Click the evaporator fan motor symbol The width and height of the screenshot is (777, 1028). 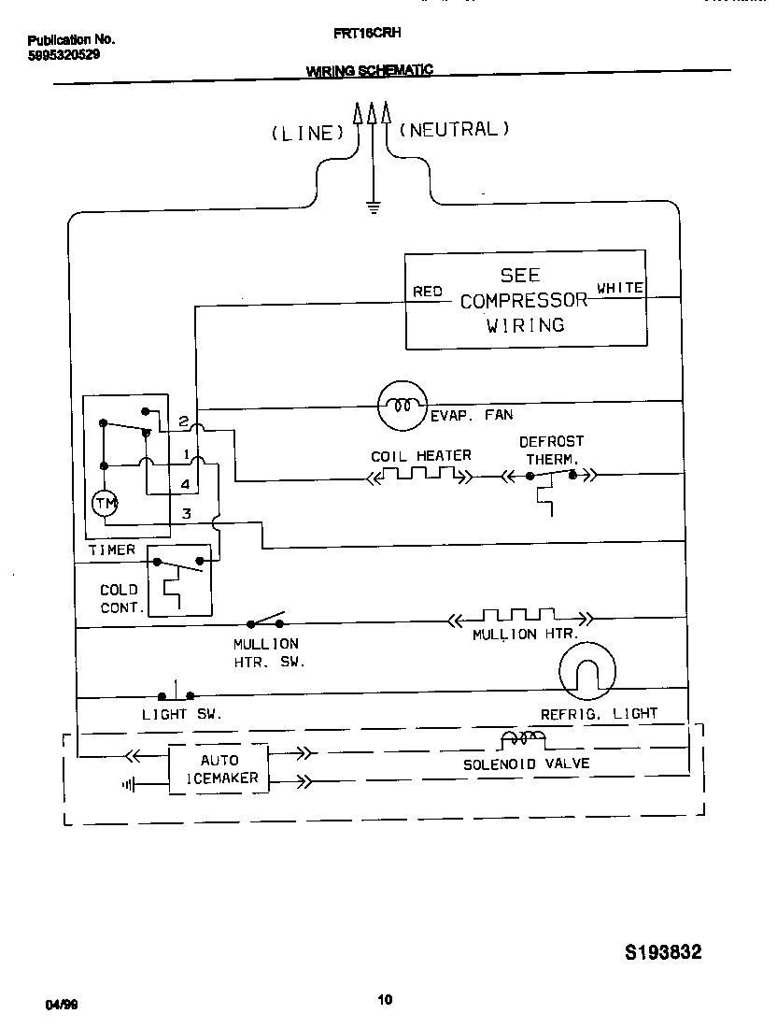tap(402, 405)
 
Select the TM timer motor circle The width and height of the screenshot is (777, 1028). tap(105, 505)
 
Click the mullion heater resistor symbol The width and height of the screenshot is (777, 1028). tap(519, 618)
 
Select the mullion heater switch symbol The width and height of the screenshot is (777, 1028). tap(265, 621)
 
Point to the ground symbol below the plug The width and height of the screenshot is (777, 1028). tap(374, 207)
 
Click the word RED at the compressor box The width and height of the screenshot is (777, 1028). tap(427, 292)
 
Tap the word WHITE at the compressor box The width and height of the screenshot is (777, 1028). tap(620, 288)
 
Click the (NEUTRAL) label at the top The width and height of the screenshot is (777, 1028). tap(455, 130)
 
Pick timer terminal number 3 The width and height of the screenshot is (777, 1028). tap(186, 513)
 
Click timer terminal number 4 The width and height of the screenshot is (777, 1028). tap(186, 484)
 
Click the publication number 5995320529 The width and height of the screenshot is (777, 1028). tap(64, 54)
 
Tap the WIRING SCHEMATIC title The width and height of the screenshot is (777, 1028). tap(369, 71)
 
